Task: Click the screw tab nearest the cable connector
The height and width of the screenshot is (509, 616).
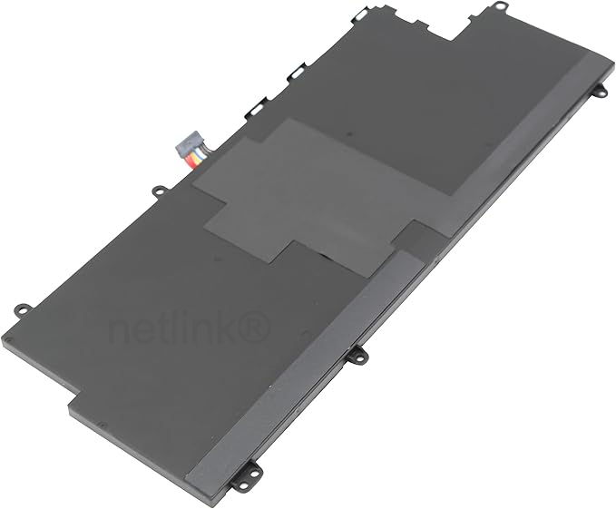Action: [159, 191]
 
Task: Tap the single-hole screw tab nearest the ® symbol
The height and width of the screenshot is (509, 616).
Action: [358, 356]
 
